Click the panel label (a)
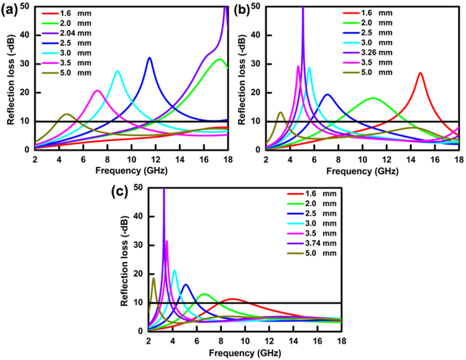point(11,9)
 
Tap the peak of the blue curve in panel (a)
point(149,58)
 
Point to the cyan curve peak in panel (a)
point(117,71)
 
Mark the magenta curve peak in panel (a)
point(98,91)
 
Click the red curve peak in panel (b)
point(421,73)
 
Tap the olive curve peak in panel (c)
point(153,278)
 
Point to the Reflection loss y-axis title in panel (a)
point(11,78)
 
